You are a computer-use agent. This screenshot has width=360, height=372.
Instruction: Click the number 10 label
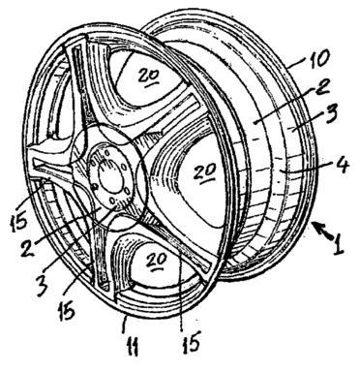[x=317, y=58]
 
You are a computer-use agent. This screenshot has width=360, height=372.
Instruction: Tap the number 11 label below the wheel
[x=132, y=346]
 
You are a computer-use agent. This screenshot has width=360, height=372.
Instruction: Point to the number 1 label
[x=339, y=245]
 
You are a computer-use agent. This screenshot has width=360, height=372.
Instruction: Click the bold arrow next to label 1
[x=323, y=232]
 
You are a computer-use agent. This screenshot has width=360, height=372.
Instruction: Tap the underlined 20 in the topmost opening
[x=150, y=76]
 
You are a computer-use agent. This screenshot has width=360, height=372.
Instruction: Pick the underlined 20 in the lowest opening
[x=157, y=259]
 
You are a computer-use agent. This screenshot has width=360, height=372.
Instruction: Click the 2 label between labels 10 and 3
[x=321, y=87]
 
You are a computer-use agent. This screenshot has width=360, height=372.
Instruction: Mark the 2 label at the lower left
[x=28, y=248]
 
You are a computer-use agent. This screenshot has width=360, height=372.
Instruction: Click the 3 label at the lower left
[x=43, y=286]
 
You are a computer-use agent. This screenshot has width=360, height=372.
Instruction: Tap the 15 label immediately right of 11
[x=191, y=342]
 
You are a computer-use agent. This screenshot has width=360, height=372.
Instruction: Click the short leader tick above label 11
[x=123, y=324]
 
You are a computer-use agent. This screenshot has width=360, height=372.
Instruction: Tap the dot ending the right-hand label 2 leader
[x=255, y=122]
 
